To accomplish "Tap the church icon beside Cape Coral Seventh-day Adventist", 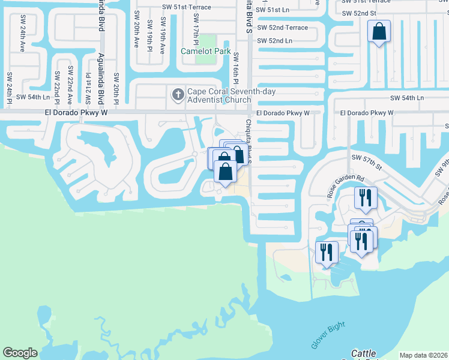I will (x=178, y=94).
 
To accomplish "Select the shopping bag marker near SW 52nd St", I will (x=379, y=32).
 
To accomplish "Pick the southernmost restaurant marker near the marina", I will (x=327, y=251).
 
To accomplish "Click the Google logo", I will (x=20, y=353).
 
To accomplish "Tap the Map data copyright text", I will (x=424, y=355).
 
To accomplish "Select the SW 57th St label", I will (x=367, y=157).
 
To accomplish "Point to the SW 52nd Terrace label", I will (x=282, y=28).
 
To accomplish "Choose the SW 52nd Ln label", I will (x=274, y=41).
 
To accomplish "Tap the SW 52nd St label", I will (x=358, y=13).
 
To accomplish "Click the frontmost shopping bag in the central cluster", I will (x=225, y=173).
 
